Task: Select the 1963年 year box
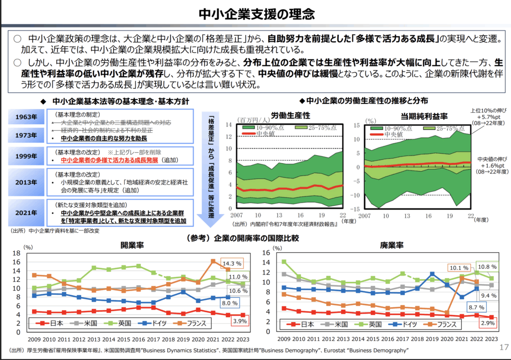pyautogui.click(x=25, y=117)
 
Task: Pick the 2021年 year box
pyautogui.click(x=25, y=212)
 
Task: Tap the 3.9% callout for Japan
pyautogui.click(x=240, y=321)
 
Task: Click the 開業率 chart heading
pyautogui.click(x=132, y=245)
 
